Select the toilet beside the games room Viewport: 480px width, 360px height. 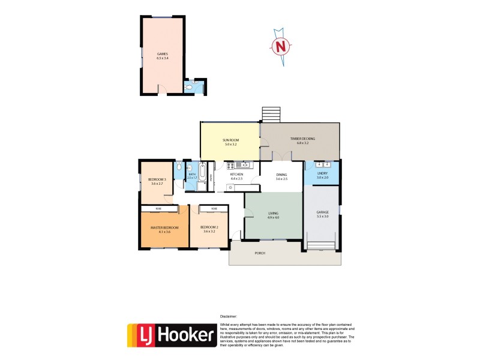(x=189, y=88)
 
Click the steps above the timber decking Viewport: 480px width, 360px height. (x=271, y=115)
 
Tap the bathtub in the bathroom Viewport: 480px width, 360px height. (x=203, y=176)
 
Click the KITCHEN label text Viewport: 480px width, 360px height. (x=236, y=175)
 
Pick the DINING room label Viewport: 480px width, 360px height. (x=281, y=175)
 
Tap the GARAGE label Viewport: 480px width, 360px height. (x=322, y=212)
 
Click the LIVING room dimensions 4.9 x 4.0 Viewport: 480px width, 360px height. (x=273, y=217)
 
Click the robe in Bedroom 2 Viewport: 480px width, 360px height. (x=212, y=208)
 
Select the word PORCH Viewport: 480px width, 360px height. (x=260, y=253)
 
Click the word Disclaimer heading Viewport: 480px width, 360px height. (x=229, y=316)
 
